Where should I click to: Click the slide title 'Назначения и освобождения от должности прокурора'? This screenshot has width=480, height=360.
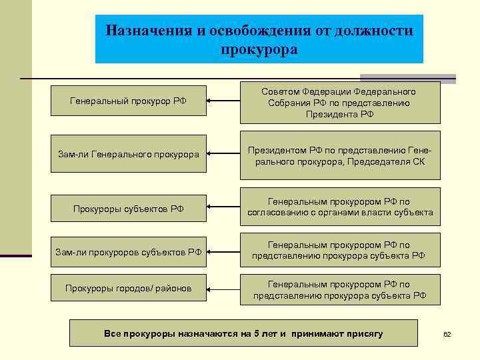pyautogui.click(x=259, y=39)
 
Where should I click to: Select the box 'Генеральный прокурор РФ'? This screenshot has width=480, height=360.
pyautogui.click(x=128, y=101)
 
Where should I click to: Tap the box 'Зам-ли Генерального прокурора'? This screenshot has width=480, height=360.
pyautogui.click(x=128, y=154)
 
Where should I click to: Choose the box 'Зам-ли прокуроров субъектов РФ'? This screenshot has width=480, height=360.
pyautogui.click(x=128, y=251)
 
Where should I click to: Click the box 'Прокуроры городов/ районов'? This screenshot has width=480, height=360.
pyautogui.click(x=128, y=288)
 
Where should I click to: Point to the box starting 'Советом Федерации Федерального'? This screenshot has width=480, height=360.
pyautogui.click(x=340, y=103)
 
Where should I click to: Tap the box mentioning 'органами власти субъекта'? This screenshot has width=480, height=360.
pyautogui.click(x=340, y=207)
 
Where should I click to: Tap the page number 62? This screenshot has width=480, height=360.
pyautogui.click(x=447, y=334)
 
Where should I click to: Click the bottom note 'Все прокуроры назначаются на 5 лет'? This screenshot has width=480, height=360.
pyautogui.click(x=243, y=333)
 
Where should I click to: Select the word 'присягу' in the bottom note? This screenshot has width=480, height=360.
pyautogui.click(x=364, y=333)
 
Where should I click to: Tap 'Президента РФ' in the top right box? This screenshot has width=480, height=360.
pyautogui.click(x=340, y=114)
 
